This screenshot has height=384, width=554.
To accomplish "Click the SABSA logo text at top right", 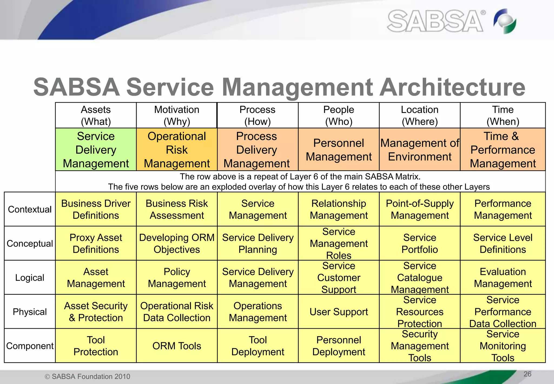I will [x=435, y=21].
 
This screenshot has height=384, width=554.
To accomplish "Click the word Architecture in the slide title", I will [x=452, y=87].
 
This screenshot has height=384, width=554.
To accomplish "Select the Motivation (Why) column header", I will [x=177, y=115].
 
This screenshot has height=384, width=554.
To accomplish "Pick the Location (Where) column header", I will [x=420, y=115].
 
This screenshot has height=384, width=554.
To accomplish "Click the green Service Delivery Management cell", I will [x=96, y=150].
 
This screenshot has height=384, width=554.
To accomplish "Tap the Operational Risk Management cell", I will [x=177, y=150].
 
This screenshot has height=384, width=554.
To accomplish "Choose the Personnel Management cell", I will [x=339, y=150].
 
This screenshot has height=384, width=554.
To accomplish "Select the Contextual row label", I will [x=30, y=209].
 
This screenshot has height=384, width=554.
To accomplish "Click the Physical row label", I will [x=30, y=312].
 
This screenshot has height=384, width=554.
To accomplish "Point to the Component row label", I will [x=30, y=346].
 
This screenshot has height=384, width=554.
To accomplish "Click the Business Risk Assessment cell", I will [x=177, y=209].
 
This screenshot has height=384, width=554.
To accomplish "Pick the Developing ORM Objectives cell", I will [x=177, y=243].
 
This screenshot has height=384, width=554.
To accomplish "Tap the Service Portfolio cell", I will [x=420, y=243].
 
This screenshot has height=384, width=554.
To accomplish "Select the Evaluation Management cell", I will [x=503, y=278].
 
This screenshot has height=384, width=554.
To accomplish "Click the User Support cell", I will [x=339, y=312].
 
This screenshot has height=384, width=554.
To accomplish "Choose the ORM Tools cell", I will [x=177, y=346].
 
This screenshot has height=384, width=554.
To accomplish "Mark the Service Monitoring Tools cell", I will [x=503, y=346].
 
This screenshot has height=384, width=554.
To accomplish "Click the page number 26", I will [x=527, y=374].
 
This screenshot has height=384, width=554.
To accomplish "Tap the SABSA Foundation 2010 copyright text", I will [x=87, y=376].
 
